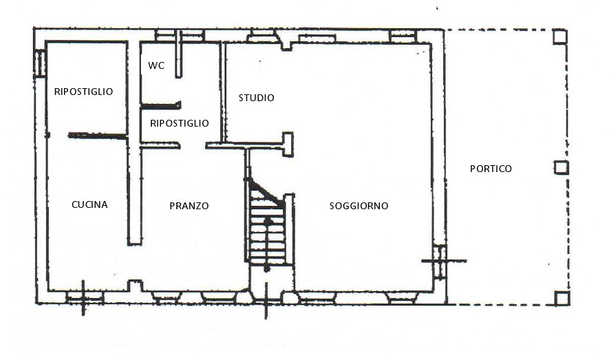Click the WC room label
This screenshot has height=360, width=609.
pyautogui.click(x=156, y=65)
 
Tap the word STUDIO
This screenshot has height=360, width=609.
pyautogui.click(x=257, y=98)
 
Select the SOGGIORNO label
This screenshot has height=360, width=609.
pyautogui.click(x=359, y=206)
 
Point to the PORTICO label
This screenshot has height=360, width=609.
pyautogui.click(x=491, y=169)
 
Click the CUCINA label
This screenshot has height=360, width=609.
pyautogui.click(x=89, y=204)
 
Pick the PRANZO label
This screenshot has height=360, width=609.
pyautogui.click(x=189, y=206)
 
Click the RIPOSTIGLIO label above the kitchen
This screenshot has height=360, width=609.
pyautogui.click(x=83, y=92)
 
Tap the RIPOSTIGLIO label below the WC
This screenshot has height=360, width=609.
pyautogui.click(x=180, y=123)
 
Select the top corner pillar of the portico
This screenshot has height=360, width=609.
pyautogui.click(x=559, y=36)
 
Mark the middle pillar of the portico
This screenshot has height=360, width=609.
pyautogui.click(x=561, y=168)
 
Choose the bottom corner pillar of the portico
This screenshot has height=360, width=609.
pyautogui.click(x=562, y=298)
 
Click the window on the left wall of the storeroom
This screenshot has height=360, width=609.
pyautogui.click(x=40, y=63)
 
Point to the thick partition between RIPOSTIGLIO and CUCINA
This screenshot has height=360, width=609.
pyautogui.click(x=98, y=136)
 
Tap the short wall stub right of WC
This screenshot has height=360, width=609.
pyautogui.click(x=178, y=54)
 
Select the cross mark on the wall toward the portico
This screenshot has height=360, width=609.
pyautogui.click(x=444, y=261)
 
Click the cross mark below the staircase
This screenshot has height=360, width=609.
pyautogui.click(x=266, y=300)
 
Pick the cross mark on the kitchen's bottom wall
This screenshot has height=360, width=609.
pyautogui.click(x=83, y=298)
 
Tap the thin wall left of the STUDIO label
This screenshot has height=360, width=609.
pyautogui.click(x=223, y=92)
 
